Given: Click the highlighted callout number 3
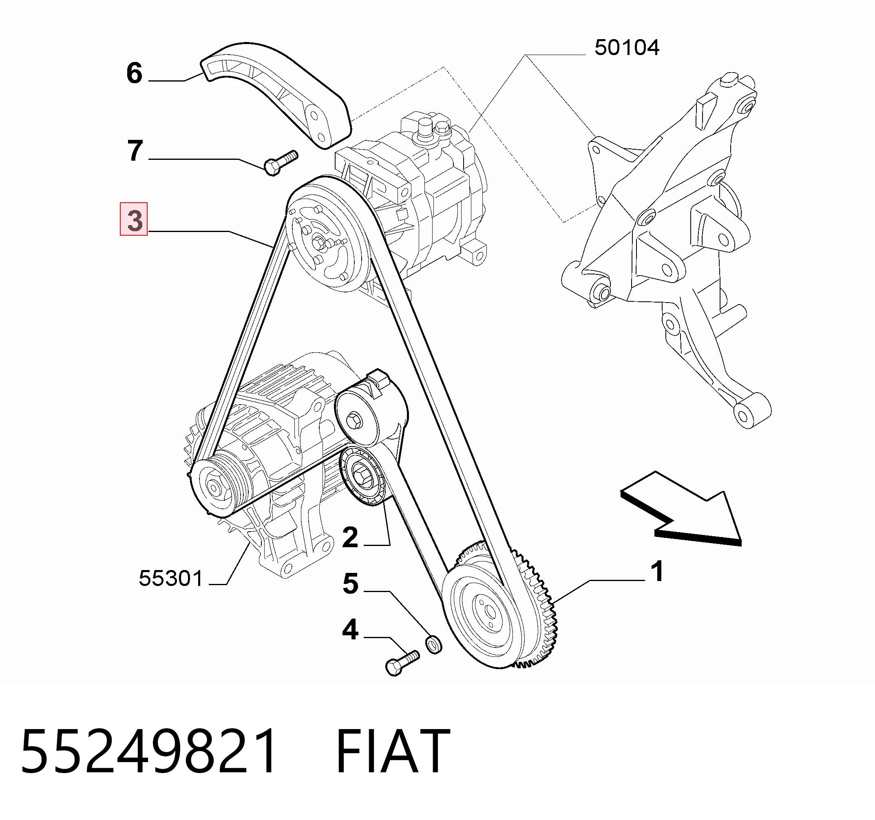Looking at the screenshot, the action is pos(134,220).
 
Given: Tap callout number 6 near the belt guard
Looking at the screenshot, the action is pos(134,73).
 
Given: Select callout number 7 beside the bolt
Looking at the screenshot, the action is pos(135,150).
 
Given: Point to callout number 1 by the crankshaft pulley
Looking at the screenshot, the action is pos(657,571).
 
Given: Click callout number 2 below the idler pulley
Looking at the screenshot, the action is pos(350,537).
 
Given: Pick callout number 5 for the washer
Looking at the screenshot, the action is pos(351,584).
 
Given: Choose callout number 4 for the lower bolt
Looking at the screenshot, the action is pos(350,630).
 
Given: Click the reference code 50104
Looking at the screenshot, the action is pos(627,48).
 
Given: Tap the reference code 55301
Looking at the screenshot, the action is pos(171,578).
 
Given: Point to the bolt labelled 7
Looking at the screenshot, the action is pos(281,163).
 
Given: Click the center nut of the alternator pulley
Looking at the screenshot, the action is pos(214,488).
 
